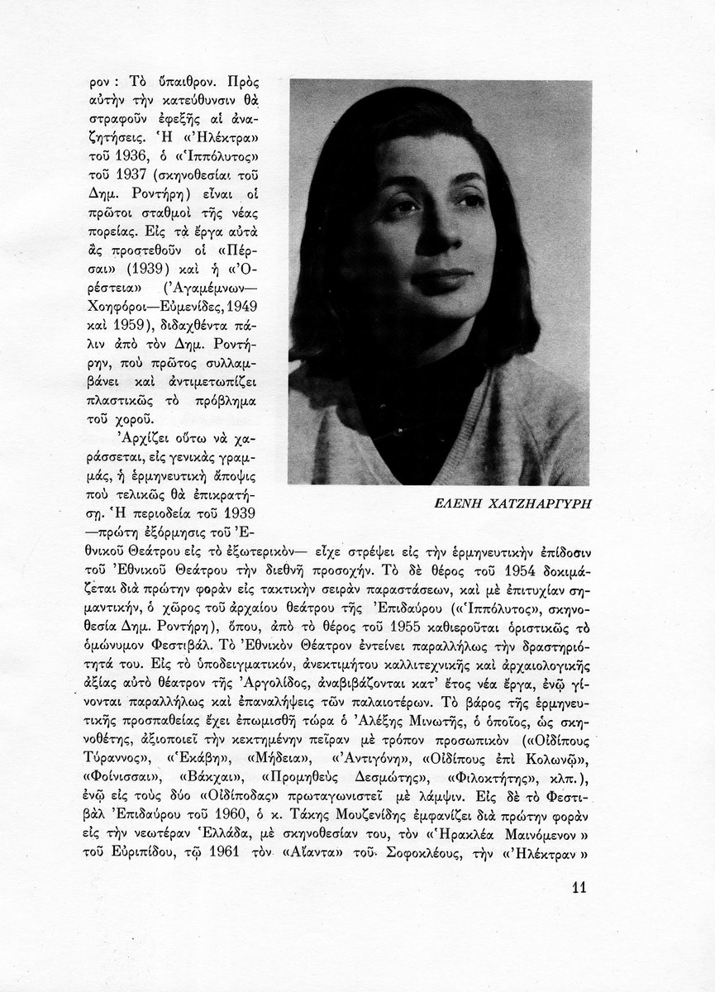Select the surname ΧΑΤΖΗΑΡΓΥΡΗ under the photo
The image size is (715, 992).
click(543, 504)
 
